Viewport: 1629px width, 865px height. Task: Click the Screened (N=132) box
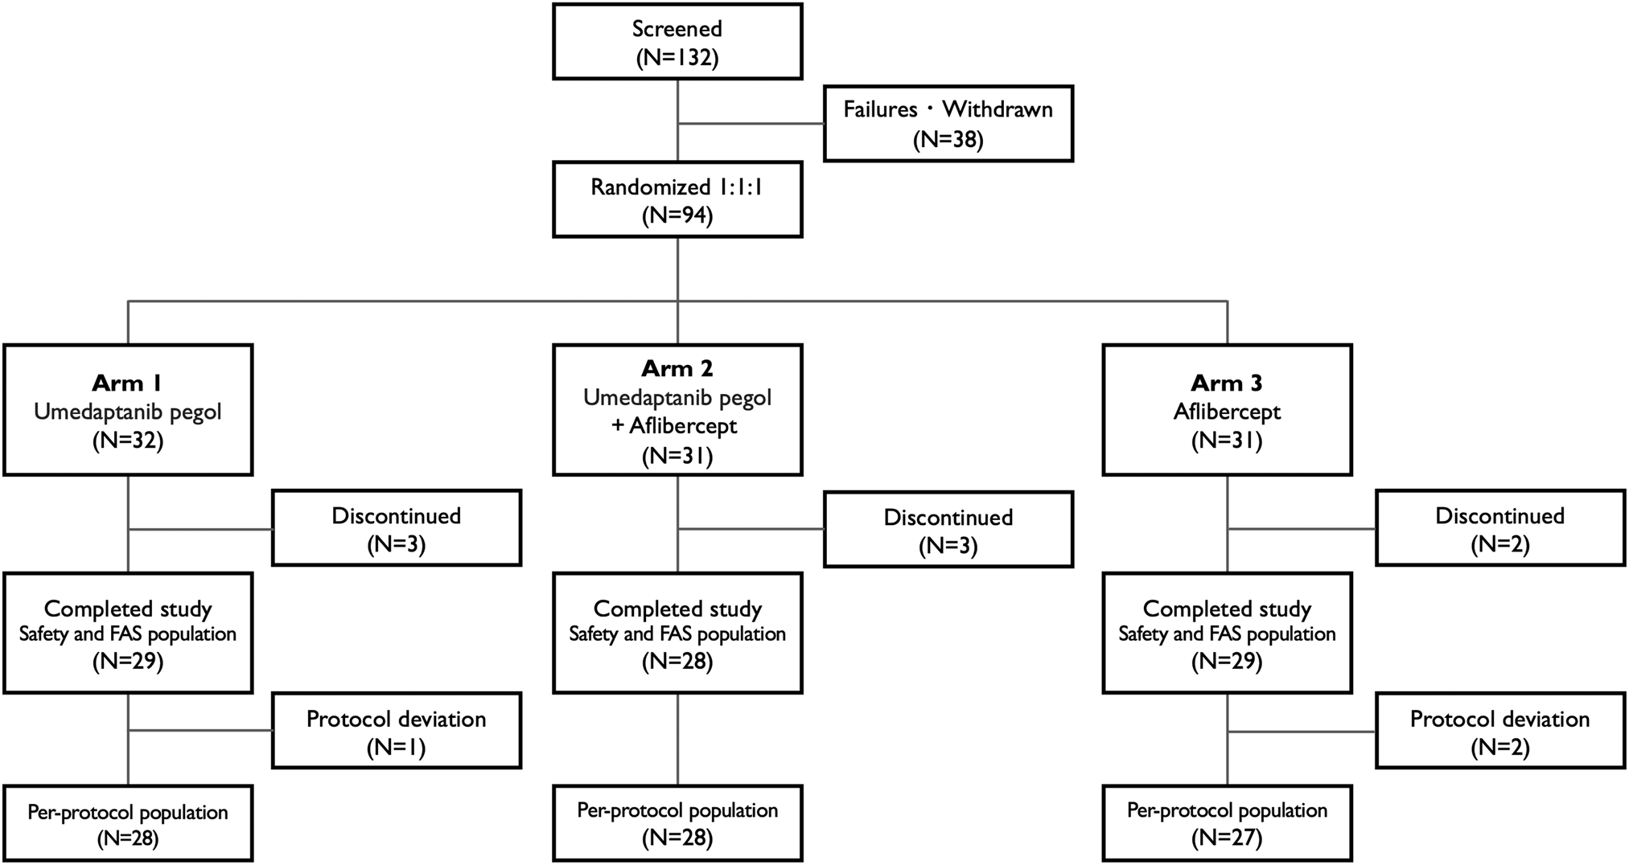click(x=677, y=42)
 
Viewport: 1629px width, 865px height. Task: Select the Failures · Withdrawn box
click(x=948, y=124)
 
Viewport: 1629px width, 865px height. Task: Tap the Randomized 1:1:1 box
click(x=677, y=199)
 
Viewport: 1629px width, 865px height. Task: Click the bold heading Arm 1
click(x=127, y=383)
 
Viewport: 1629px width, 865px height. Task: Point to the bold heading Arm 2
click(x=677, y=368)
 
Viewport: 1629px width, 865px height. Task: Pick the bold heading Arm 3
click(x=1226, y=383)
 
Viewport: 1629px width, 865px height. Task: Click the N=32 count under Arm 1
click(x=127, y=441)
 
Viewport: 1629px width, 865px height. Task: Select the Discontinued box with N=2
click(x=1499, y=528)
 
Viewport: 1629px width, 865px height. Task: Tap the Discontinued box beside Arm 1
click(x=396, y=528)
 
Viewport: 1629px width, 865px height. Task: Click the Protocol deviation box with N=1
click(x=396, y=731)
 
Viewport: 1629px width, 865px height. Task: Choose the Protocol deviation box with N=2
click(x=1499, y=731)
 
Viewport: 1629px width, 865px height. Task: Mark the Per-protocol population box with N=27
click(x=1226, y=823)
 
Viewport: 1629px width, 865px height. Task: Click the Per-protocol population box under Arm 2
click(x=677, y=823)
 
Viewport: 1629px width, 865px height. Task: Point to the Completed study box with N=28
click(x=677, y=633)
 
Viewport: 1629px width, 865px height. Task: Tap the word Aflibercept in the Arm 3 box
click(x=1226, y=412)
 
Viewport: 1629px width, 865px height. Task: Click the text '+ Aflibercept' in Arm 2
click(x=674, y=426)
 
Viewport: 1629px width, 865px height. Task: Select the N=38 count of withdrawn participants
click(x=948, y=139)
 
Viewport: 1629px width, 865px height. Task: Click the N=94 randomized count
click(x=677, y=215)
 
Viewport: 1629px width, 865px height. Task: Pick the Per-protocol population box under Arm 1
click(x=127, y=823)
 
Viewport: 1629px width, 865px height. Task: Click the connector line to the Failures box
click(x=751, y=124)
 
